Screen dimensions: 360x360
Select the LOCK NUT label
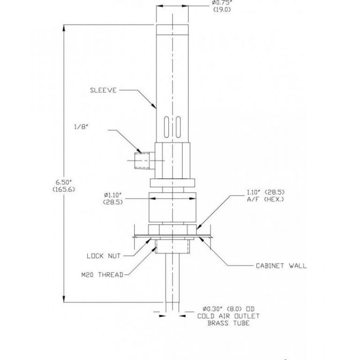pyautogui.click(x=104, y=256)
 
